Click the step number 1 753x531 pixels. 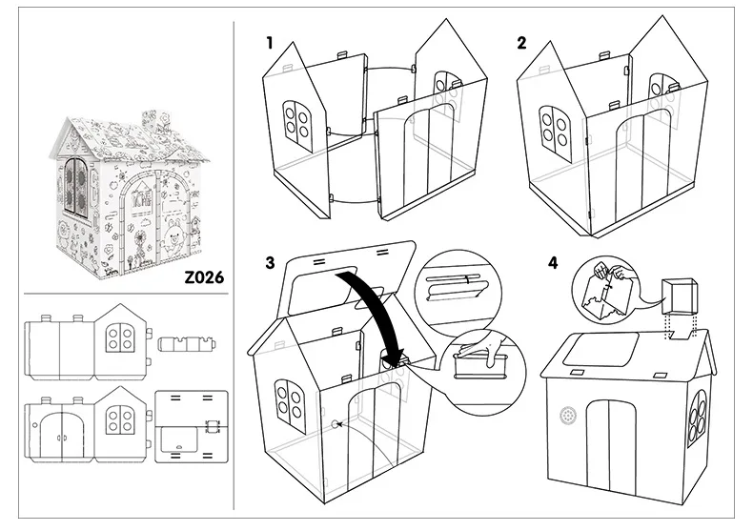[271, 43]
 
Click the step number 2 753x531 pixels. [521, 43]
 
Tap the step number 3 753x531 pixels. [271, 262]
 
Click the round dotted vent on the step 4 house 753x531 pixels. [570, 417]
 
